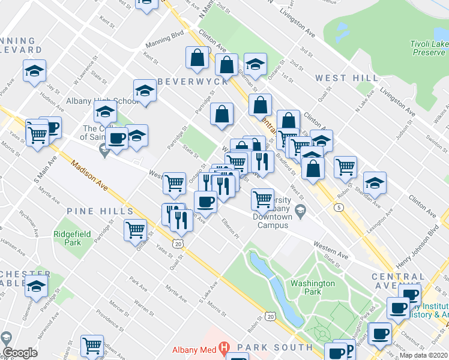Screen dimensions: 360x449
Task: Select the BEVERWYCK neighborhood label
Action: pyautogui.click(x=193, y=81)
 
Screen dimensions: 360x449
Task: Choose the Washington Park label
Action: pyautogui.click(x=312, y=287)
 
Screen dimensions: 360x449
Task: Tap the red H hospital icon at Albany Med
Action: pyautogui.click(x=224, y=347)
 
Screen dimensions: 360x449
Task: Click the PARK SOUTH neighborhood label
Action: pyautogui.click(x=274, y=347)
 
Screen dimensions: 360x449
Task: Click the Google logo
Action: pyautogui.click(x=20, y=353)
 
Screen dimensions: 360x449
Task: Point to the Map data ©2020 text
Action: pyautogui.click(x=424, y=355)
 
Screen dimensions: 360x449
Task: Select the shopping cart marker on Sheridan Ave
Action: pyautogui.click(x=345, y=167)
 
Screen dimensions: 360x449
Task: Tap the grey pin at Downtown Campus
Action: pyautogui.click(x=301, y=209)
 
